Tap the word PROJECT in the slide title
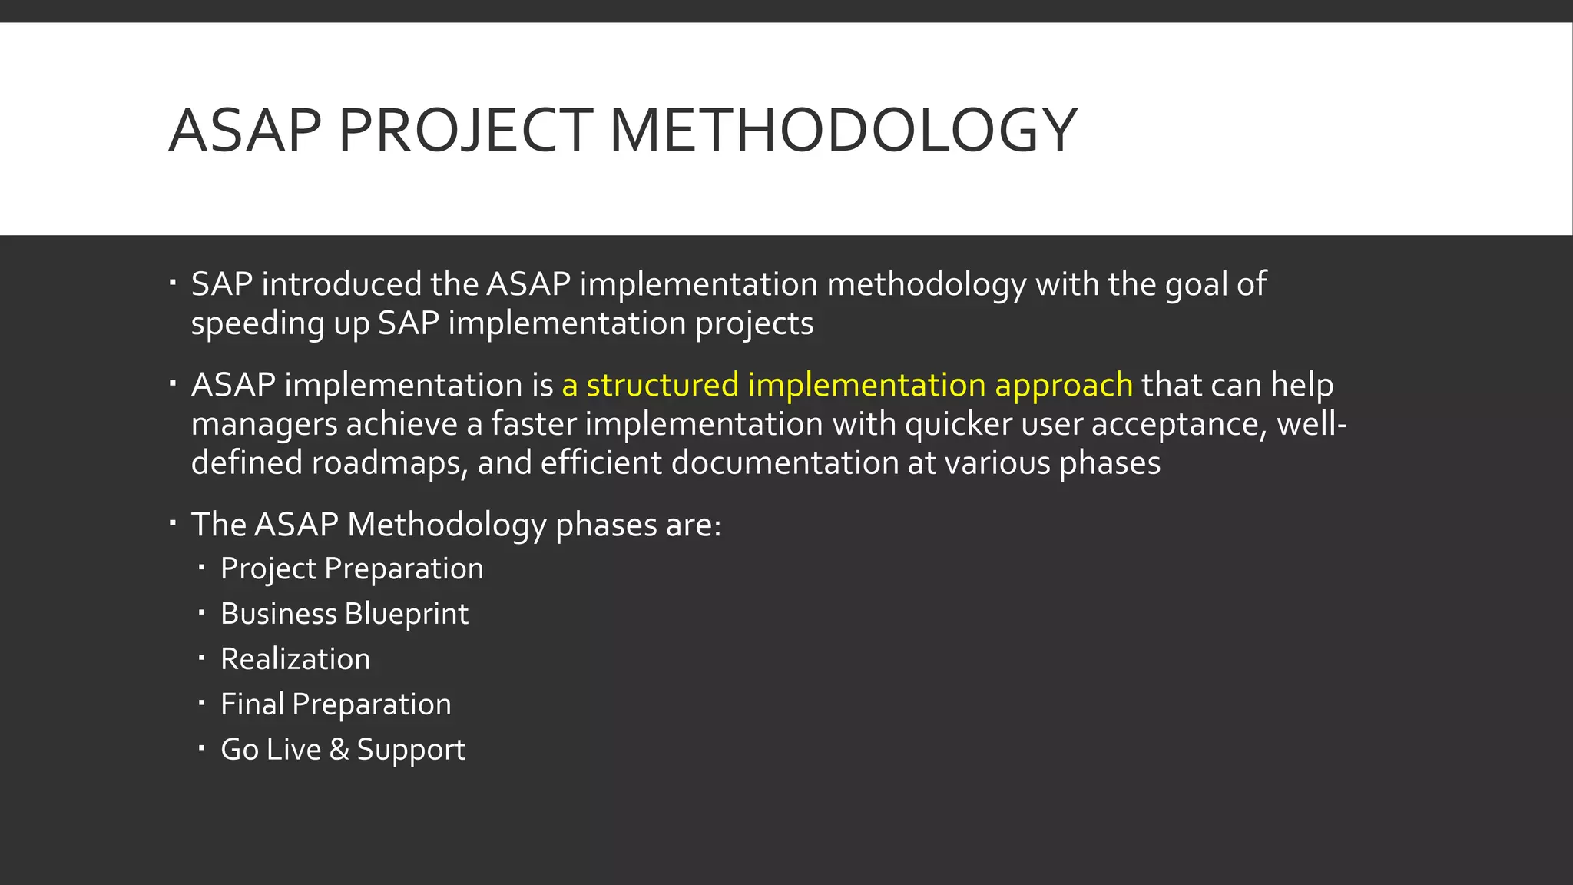click(x=465, y=131)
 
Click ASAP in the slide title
click(x=245, y=131)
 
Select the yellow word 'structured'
click(x=662, y=385)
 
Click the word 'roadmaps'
click(x=389, y=464)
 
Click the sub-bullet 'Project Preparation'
click(x=352, y=569)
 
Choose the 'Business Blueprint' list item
click(x=344, y=614)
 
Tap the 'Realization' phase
click(x=295, y=659)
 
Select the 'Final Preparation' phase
click(x=336, y=704)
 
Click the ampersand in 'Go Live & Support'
click(x=339, y=750)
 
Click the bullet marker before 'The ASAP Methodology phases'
click(x=174, y=523)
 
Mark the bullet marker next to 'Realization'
click(x=201, y=658)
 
